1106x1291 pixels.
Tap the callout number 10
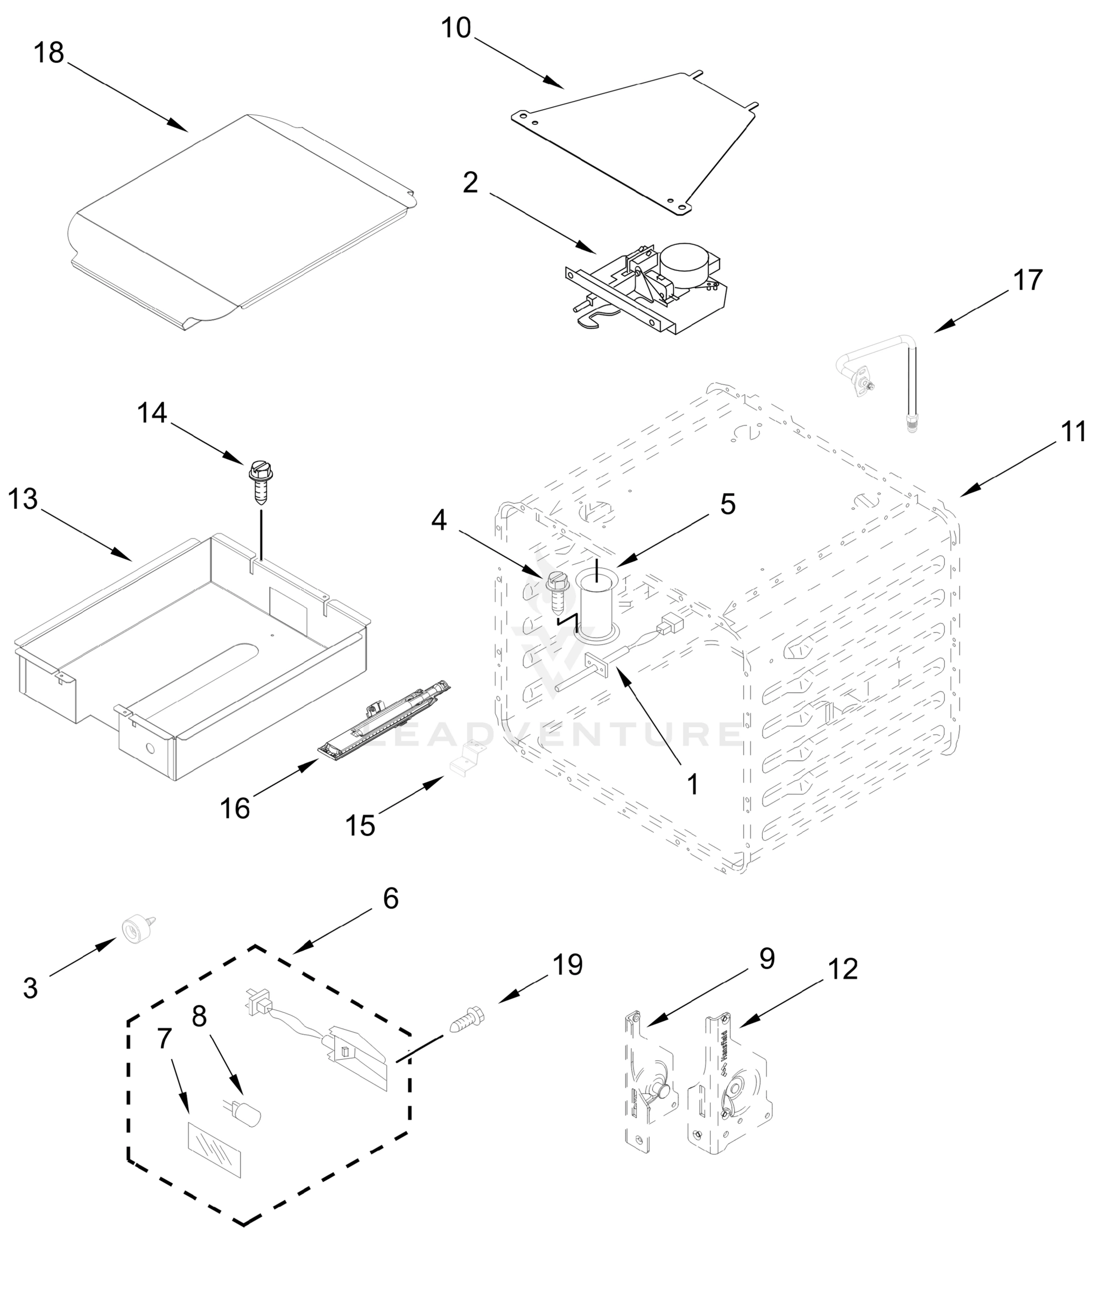point(456,28)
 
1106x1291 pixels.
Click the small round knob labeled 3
point(134,932)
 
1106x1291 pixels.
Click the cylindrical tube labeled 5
point(596,604)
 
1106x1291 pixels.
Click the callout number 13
point(23,499)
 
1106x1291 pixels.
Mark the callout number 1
point(693,784)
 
